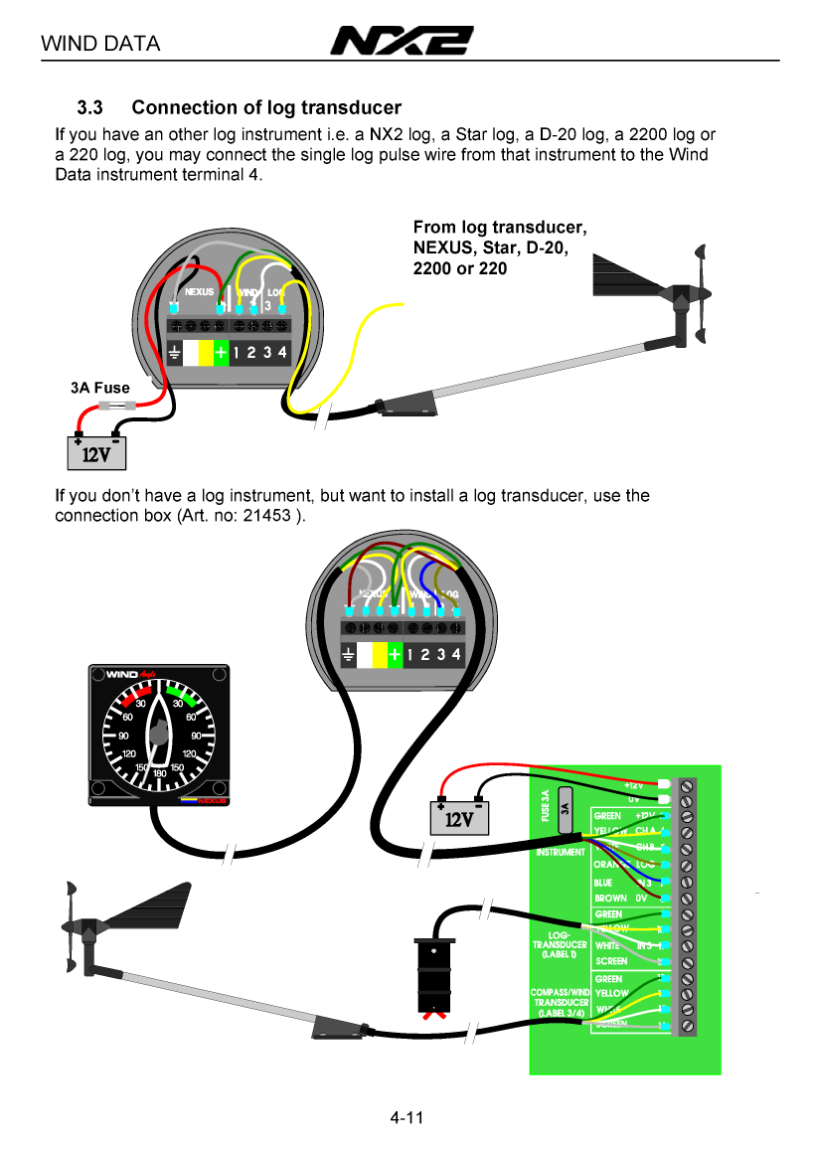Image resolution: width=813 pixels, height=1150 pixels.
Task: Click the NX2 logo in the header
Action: tap(402, 42)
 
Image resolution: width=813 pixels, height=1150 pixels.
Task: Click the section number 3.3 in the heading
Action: tap(96, 107)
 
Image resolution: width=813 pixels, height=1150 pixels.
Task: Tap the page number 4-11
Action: tap(406, 1118)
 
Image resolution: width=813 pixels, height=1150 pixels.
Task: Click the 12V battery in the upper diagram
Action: tap(96, 452)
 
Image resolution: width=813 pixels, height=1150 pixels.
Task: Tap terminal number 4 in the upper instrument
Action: tap(282, 352)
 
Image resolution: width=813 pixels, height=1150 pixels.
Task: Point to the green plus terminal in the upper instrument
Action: tap(222, 352)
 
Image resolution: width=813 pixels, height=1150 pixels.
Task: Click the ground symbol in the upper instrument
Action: tap(174, 353)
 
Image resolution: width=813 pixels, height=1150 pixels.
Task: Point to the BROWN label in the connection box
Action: tap(610, 899)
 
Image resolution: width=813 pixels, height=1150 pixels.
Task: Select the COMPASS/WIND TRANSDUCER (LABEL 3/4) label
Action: tap(561, 1002)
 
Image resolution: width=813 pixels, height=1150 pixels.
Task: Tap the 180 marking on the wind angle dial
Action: tap(159, 772)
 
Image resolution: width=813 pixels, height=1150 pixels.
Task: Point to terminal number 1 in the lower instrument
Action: tap(411, 654)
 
